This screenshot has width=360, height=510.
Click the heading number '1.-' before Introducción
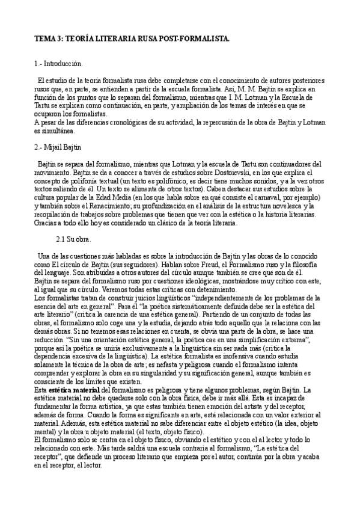(39, 63)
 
